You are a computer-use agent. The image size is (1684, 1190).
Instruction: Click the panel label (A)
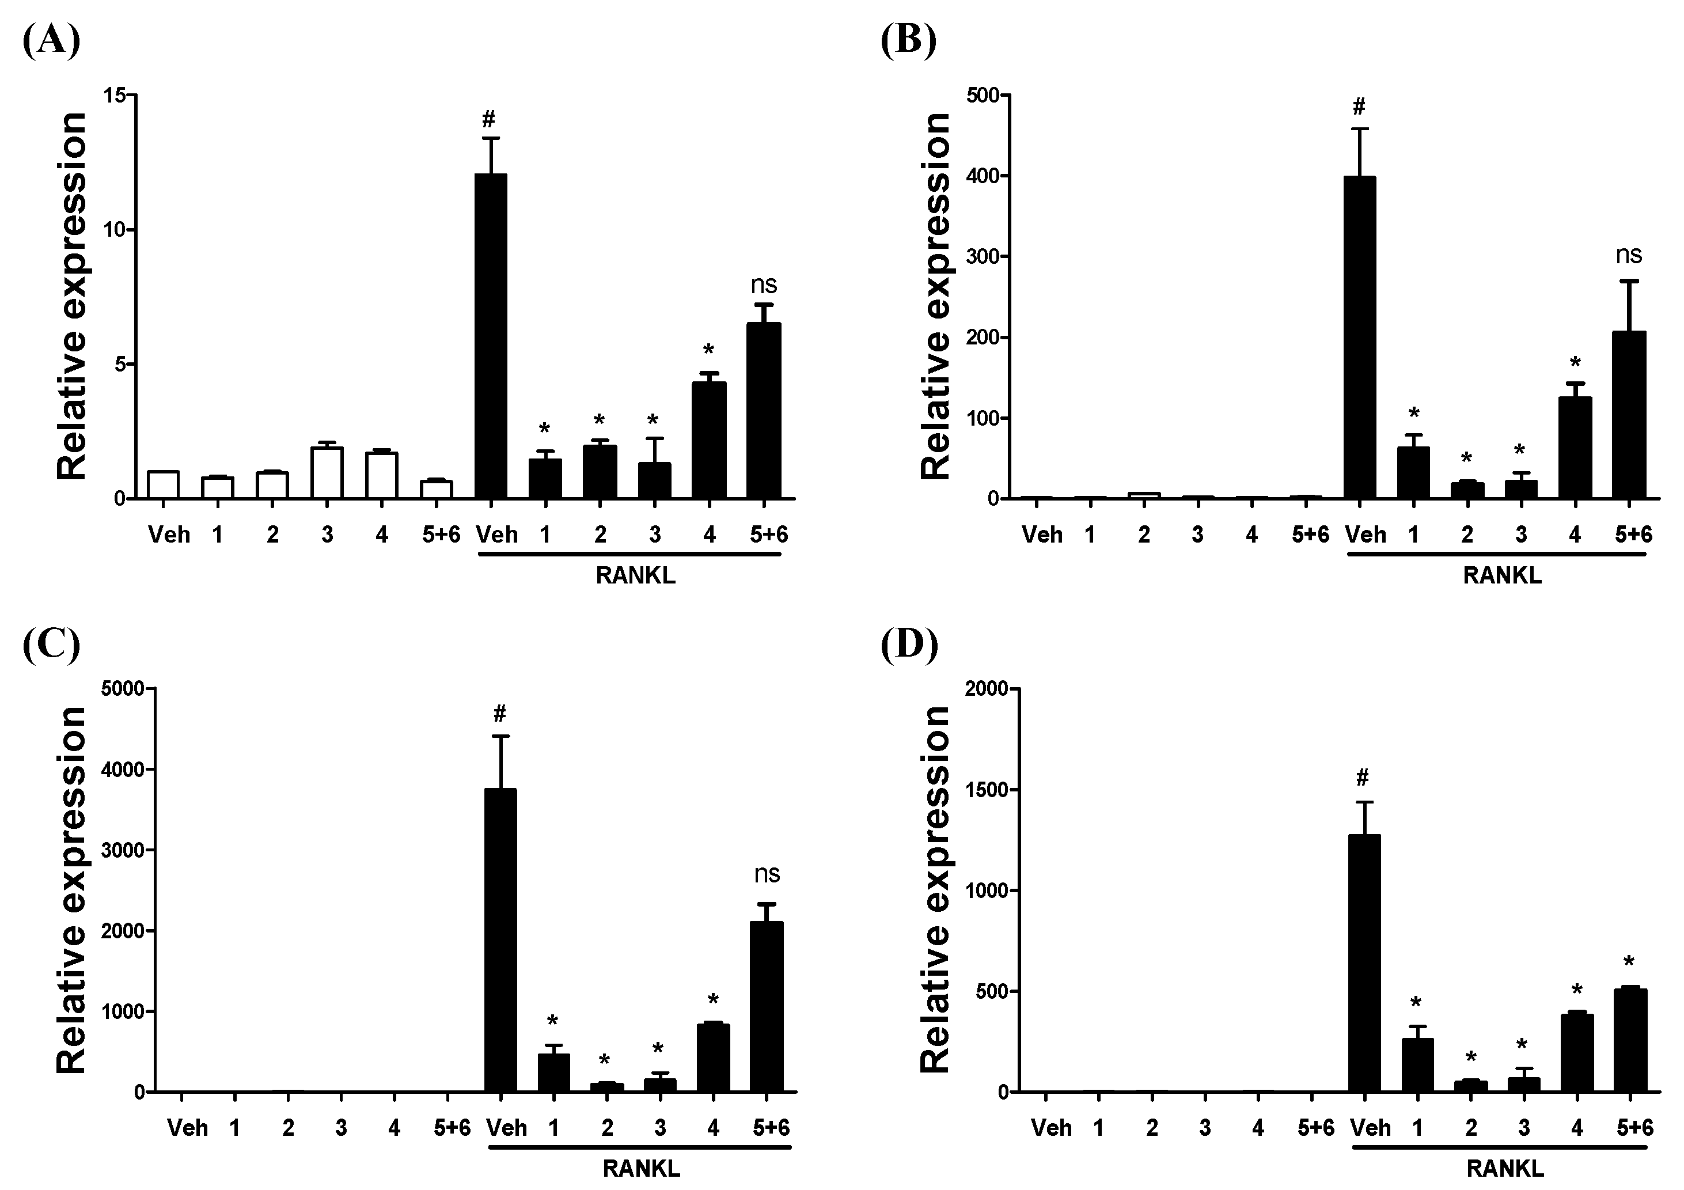51,40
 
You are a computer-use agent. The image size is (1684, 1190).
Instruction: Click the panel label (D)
909,644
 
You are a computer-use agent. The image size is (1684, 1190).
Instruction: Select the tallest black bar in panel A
491,336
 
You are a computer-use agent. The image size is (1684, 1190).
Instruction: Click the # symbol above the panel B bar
1359,108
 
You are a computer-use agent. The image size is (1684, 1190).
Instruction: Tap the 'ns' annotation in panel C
767,874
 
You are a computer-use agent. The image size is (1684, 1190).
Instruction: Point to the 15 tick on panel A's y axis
113,96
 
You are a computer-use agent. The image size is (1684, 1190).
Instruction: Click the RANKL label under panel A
635,576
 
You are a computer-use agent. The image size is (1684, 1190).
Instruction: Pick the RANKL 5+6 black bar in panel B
1629,415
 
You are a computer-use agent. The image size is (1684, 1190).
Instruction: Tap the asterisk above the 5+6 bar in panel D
1629,962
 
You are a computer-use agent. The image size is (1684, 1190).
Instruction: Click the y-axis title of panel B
936,297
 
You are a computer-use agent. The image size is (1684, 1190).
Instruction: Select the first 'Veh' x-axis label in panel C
187,1128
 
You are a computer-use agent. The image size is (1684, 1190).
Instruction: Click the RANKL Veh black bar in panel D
1364,963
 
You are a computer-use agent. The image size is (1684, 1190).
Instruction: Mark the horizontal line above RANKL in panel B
1496,555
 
